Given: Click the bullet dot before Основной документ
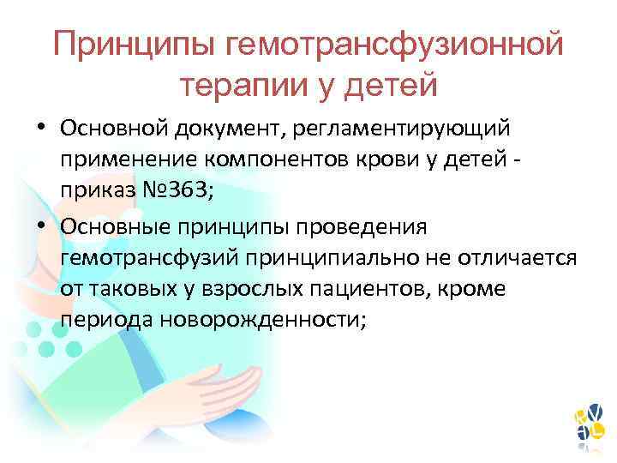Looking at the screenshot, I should point(42,129).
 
